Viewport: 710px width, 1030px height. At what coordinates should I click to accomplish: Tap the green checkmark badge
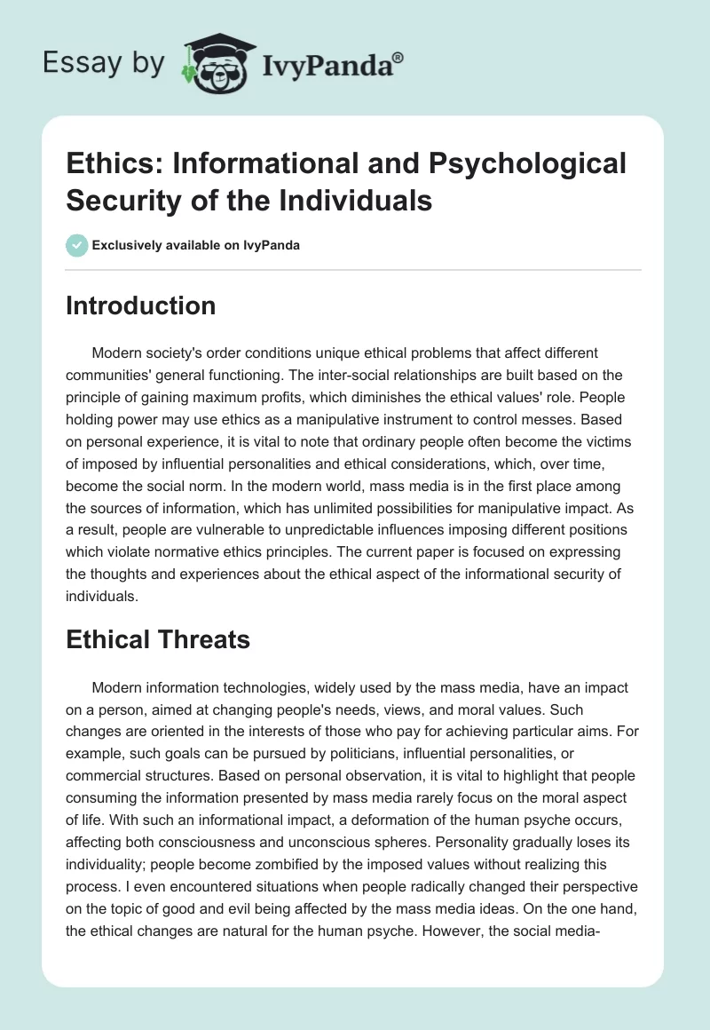click(78, 246)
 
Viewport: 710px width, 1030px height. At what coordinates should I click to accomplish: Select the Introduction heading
click(141, 305)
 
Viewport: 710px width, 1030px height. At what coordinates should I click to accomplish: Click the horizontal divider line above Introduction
click(354, 269)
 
